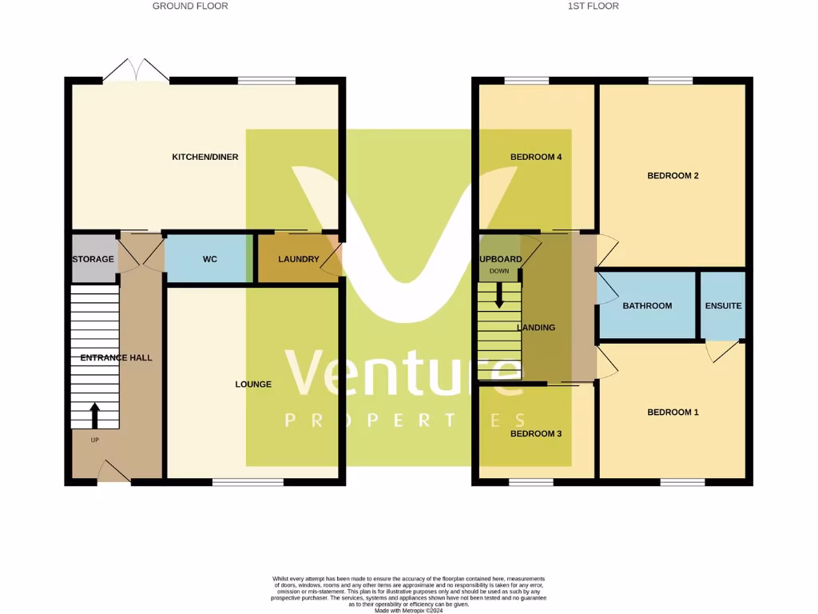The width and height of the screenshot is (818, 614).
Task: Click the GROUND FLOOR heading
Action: pyautogui.click(x=190, y=6)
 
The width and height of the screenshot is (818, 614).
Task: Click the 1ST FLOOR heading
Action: pyautogui.click(x=593, y=6)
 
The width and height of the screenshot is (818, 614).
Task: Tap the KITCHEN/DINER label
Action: pyautogui.click(x=205, y=157)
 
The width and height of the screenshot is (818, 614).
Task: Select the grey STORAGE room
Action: pyautogui.click(x=93, y=259)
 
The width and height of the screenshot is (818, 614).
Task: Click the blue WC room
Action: pyautogui.click(x=209, y=259)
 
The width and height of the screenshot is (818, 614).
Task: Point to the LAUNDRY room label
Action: pyautogui.click(x=298, y=259)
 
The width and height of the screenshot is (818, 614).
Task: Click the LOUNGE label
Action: pyautogui.click(x=253, y=385)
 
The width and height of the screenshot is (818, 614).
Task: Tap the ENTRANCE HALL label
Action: pyautogui.click(x=116, y=358)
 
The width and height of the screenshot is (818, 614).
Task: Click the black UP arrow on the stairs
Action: pyautogui.click(x=95, y=416)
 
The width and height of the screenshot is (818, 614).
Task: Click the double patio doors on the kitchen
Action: pyautogui.click(x=135, y=70)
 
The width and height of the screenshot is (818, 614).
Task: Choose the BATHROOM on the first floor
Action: pyautogui.click(x=647, y=306)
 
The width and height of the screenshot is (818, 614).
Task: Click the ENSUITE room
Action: pyautogui.click(x=723, y=306)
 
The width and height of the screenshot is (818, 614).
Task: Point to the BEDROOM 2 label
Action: pyautogui.click(x=673, y=176)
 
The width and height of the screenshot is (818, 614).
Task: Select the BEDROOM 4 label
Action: pyautogui.click(x=536, y=157)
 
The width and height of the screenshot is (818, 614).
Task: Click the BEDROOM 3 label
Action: pyautogui.click(x=536, y=434)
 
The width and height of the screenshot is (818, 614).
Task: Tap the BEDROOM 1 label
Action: pyautogui.click(x=673, y=413)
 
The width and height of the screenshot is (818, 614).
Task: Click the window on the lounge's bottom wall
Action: pyautogui.click(x=248, y=482)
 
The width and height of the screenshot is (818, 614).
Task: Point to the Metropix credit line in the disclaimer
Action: pyautogui.click(x=408, y=611)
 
